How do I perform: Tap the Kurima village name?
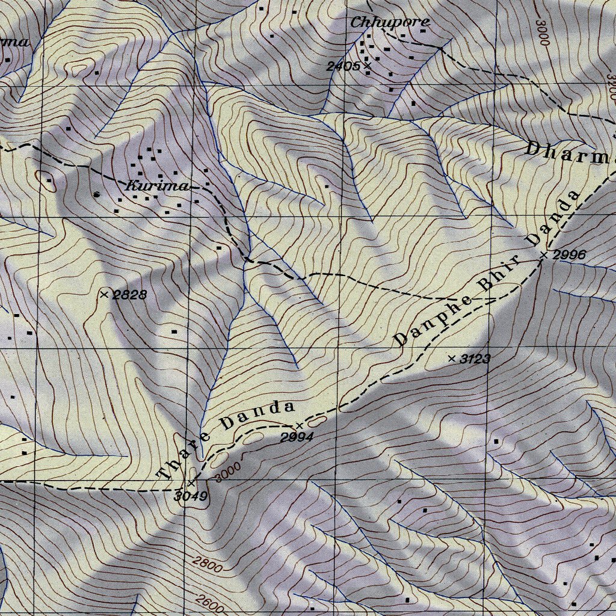157,186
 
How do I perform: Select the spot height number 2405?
343,66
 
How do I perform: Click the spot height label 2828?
130,295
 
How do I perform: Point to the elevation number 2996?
569,255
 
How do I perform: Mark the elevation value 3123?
475,359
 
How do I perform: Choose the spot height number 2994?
297,437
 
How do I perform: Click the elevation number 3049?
191,496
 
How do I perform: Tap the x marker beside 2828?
105,294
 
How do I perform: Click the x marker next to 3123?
452,359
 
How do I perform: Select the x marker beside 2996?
543,256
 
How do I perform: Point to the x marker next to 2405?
367,65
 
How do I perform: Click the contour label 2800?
208,565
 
